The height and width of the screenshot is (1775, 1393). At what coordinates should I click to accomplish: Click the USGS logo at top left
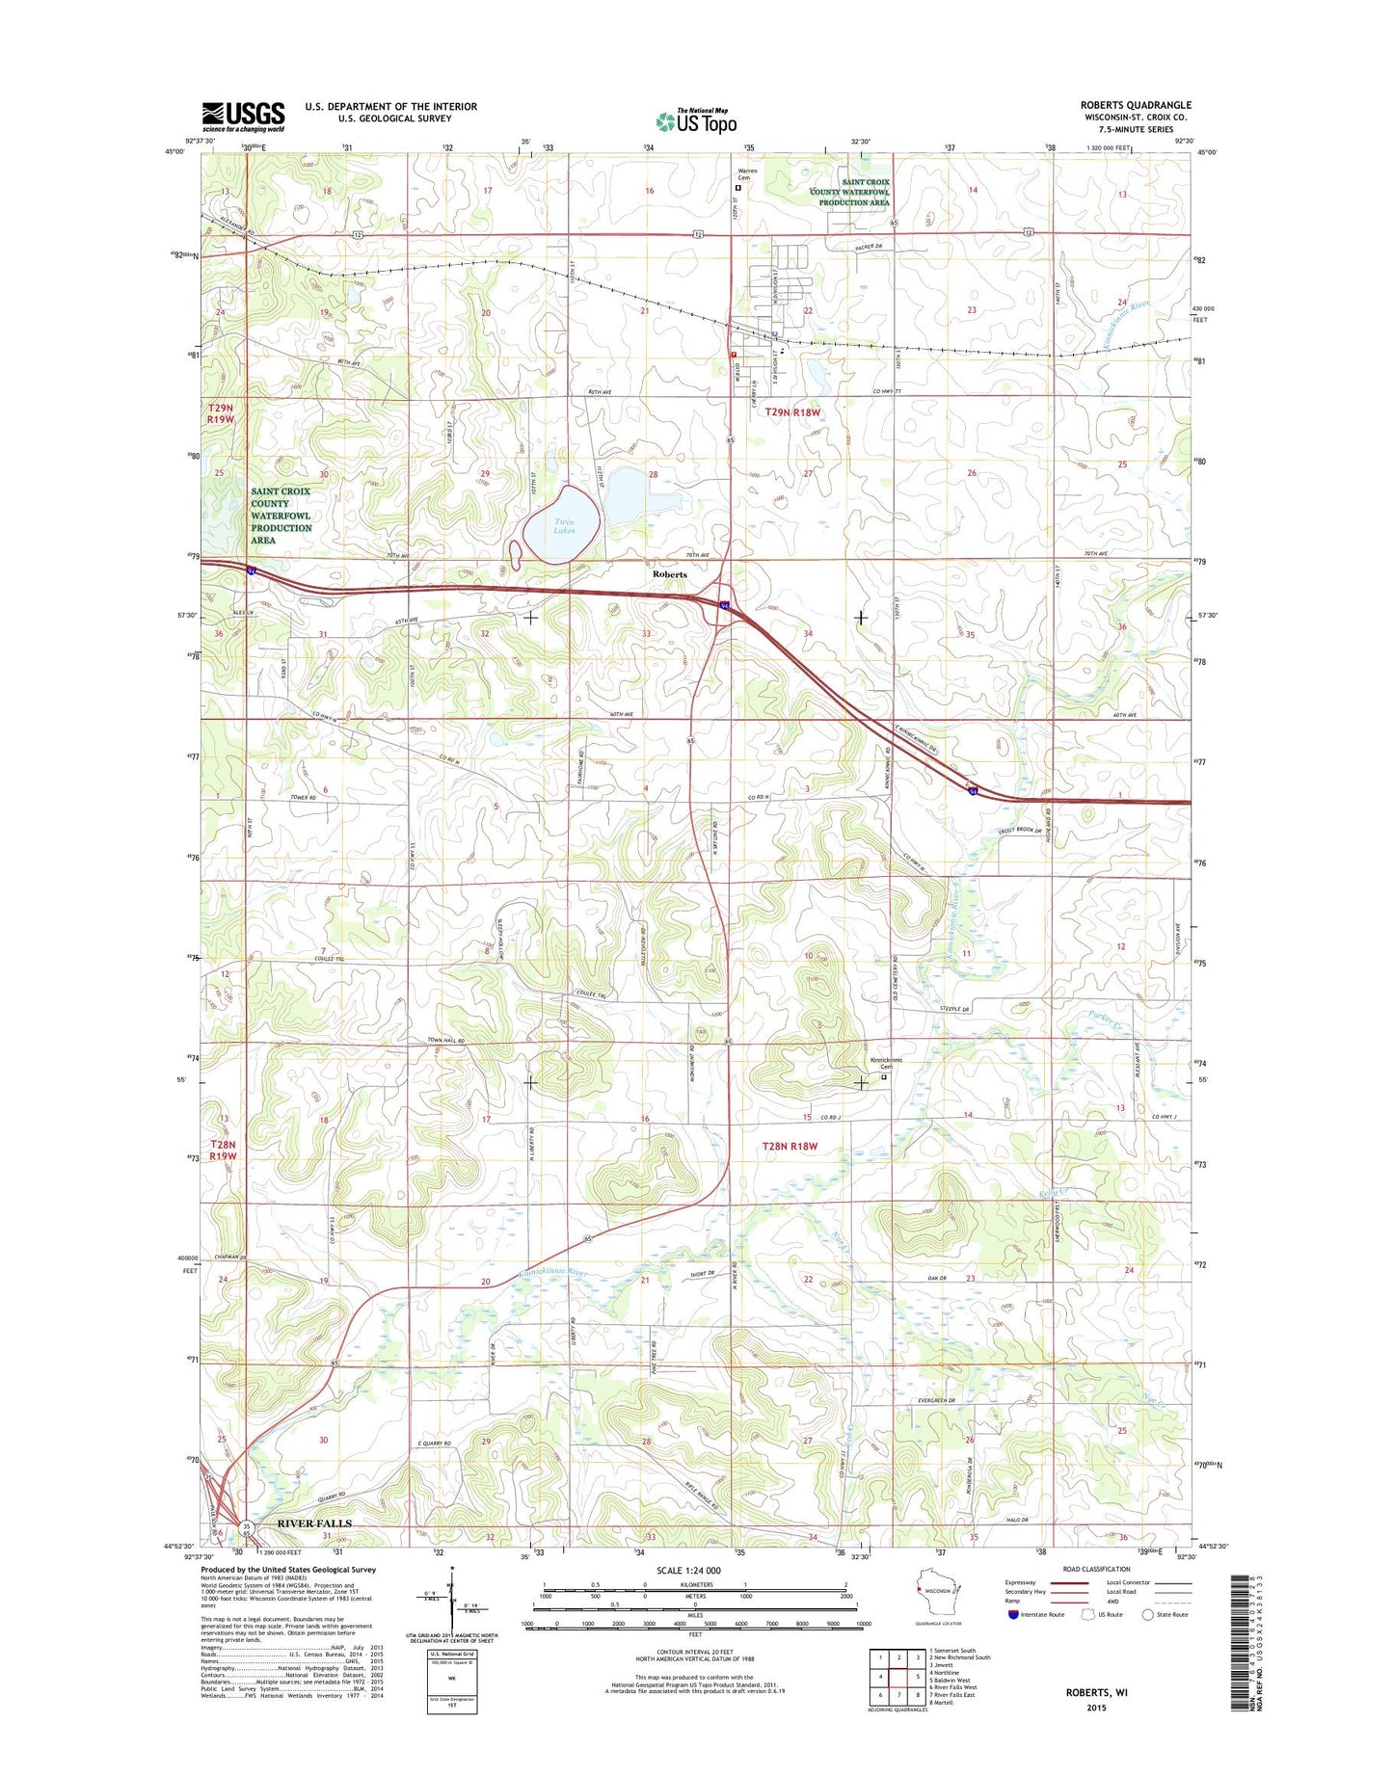[243, 116]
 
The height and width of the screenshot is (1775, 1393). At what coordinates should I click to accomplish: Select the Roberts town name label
[670, 574]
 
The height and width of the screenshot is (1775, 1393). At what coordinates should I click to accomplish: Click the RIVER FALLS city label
[314, 1523]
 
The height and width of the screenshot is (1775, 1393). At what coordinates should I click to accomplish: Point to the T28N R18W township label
[790, 1147]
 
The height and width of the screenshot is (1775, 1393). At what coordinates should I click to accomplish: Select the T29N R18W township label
[792, 412]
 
